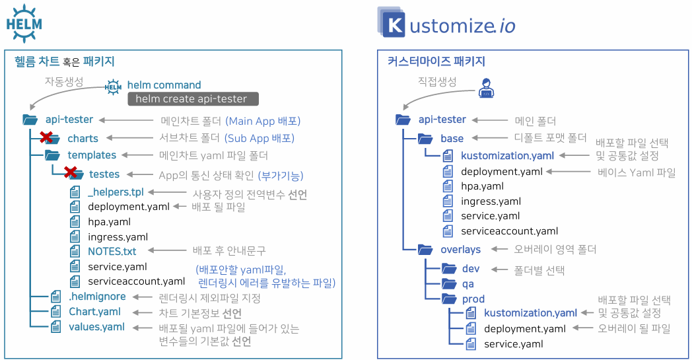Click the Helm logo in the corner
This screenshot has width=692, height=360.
click(24, 23)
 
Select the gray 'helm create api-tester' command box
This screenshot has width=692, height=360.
click(192, 99)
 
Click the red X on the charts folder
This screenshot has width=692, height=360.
click(46, 137)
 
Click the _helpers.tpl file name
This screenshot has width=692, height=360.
click(116, 192)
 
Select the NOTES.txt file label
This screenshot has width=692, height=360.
click(112, 251)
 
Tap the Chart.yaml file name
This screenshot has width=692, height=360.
click(94, 311)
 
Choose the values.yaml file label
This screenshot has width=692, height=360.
click(96, 326)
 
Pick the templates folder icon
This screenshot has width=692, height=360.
click(52, 155)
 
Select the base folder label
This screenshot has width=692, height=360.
click(452, 138)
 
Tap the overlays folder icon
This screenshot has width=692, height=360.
click(425, 250)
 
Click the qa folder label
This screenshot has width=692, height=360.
click(469, 283)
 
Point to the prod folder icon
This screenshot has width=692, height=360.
click(449, 299)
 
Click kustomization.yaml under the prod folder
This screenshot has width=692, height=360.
click(530, 313)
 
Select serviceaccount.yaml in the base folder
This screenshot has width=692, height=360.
click(509, 231)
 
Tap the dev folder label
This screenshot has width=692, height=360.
click(471, 269)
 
